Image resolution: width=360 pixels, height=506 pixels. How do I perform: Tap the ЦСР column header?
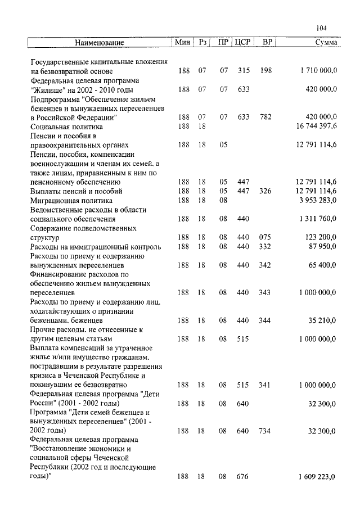click(243, 43)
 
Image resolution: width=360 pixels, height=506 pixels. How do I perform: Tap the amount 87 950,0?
click(321, 246)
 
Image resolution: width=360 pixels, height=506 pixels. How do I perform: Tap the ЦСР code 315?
click(243, 71)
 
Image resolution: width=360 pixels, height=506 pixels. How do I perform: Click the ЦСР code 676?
click(243, 477)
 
